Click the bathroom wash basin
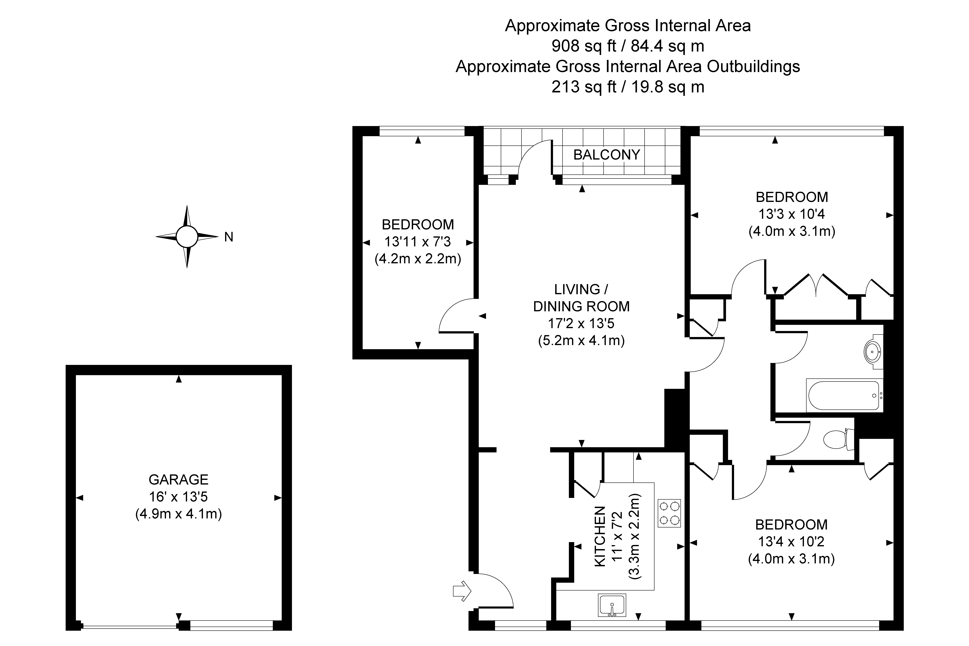(x=873, y=352)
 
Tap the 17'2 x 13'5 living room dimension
(x=581, y=323)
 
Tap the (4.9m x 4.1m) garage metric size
(x=178, y=514)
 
